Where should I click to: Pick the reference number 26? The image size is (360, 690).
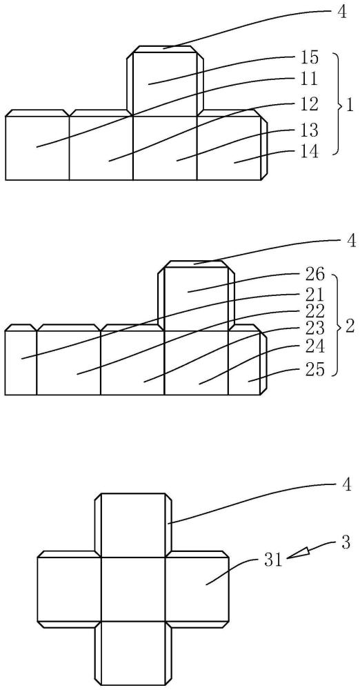pyautogui.click(x=314, y=276)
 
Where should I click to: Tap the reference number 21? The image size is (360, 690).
pyautogui.click(x=314, y=294)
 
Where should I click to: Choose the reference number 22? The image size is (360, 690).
pyautogui.click(x=314, y=312)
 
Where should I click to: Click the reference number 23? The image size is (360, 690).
pyautogui.click(x=314, y=328)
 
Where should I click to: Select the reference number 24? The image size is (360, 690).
pyautogui.click(x=314, y=347)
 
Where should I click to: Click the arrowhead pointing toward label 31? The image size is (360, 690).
pyautogui.click(x=297, y=553)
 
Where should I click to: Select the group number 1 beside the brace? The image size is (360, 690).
pyautogui.click(x=350, y=106)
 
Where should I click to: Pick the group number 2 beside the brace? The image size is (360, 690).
pyautogui.click(x=350, y=328)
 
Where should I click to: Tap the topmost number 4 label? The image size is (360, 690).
pyautogui.click(x=342, y=12)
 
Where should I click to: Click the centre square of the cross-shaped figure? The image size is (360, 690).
pyautogui.click(x=133, y=589)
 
